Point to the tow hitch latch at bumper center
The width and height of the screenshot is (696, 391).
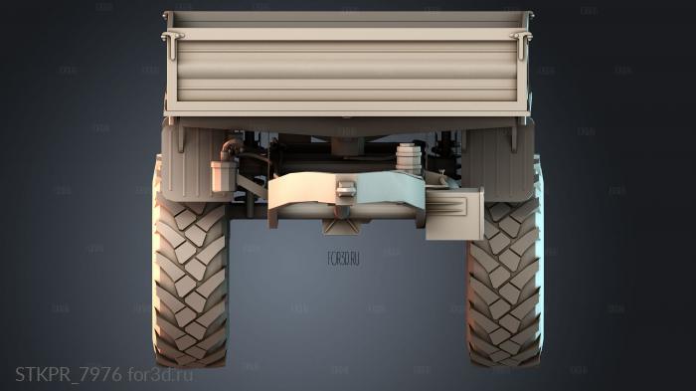tap(345, 188)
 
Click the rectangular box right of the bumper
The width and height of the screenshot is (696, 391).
tap(454, 215)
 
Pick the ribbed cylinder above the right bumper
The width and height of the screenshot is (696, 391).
tap(407, 156)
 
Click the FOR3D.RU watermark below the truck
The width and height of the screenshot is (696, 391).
tap(343, 259)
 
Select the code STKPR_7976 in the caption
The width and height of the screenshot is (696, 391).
tap(68, 374)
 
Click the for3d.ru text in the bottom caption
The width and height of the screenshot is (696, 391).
tap(160, 374)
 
